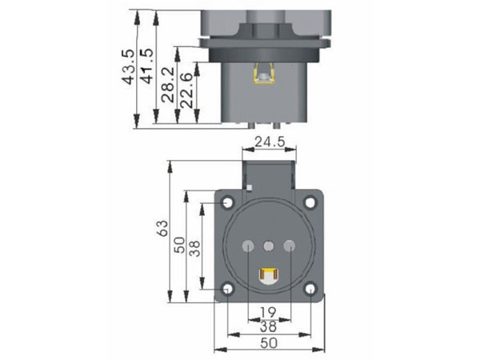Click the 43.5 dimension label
pyautogui.click(x=128, y=66)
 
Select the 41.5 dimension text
pyautogui.click(x=146, y=66)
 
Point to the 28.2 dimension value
pyautogui.click(x=168, y=85)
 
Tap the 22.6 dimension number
pyautogui.click(x=186, y=90)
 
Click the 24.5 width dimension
pyautogui.click(x=270, y=142)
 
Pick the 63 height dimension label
pyautogui.click(x=162, y=228)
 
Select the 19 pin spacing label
pyautogui.click(x=268, y=313)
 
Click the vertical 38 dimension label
pyautogui.click(x=194, y=248)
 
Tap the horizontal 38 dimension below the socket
pyautogui.click(x=268, y=327)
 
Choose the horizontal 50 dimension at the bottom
pyautogui.click(x=269, y=343)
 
